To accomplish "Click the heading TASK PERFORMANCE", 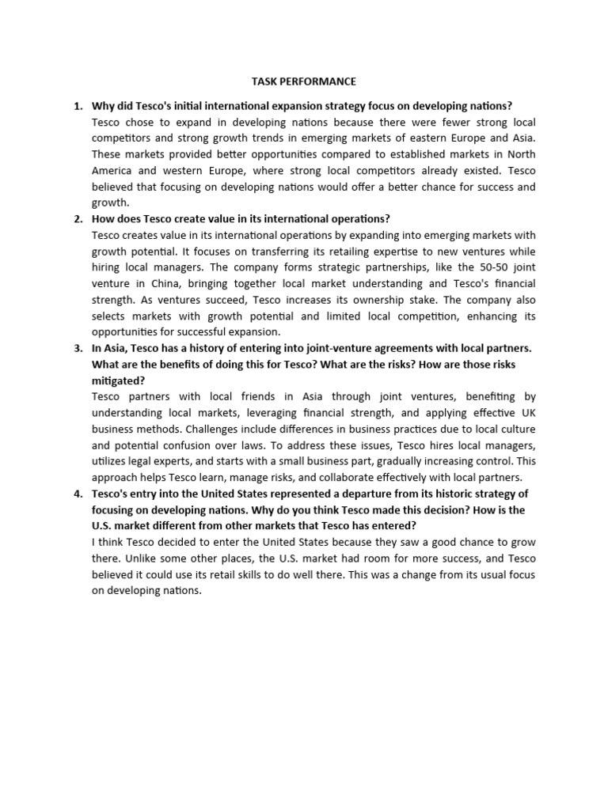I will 303,81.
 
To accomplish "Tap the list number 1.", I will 77,106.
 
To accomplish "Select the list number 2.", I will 77,219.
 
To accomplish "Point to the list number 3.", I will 77,348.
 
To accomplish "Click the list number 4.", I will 77,494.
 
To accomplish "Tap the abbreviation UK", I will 527,413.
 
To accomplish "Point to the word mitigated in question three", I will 118,380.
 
